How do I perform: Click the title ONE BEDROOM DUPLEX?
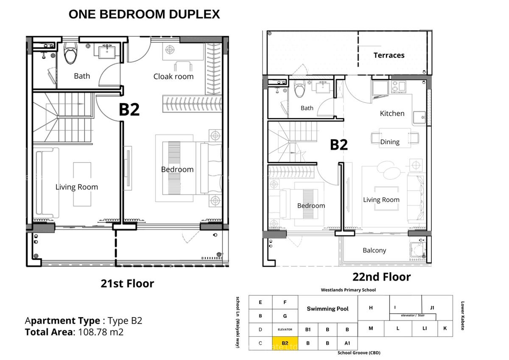tap(144, 14)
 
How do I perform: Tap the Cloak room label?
tap(173, 76)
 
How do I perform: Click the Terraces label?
tap(389, 55)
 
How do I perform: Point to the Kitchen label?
tap(392, 113)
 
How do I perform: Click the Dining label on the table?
tap(389, 142)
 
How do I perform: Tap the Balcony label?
tap(374, 250)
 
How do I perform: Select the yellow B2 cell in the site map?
tap(285, 343)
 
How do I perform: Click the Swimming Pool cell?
tap(327, 309)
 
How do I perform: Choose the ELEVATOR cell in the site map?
tap(285, 329)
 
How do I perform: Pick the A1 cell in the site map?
tap(347, 343)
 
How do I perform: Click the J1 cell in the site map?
tap(432, 307)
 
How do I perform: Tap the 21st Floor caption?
tap(127, 283)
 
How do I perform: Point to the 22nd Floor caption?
tap(381, 277)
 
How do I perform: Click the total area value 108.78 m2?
tap(101, 332)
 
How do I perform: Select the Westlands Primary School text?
tap(348, 290)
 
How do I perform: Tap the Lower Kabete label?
tap(462, 316)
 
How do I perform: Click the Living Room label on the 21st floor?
tap(76, 187)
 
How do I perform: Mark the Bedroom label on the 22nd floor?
tap(311, 205)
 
